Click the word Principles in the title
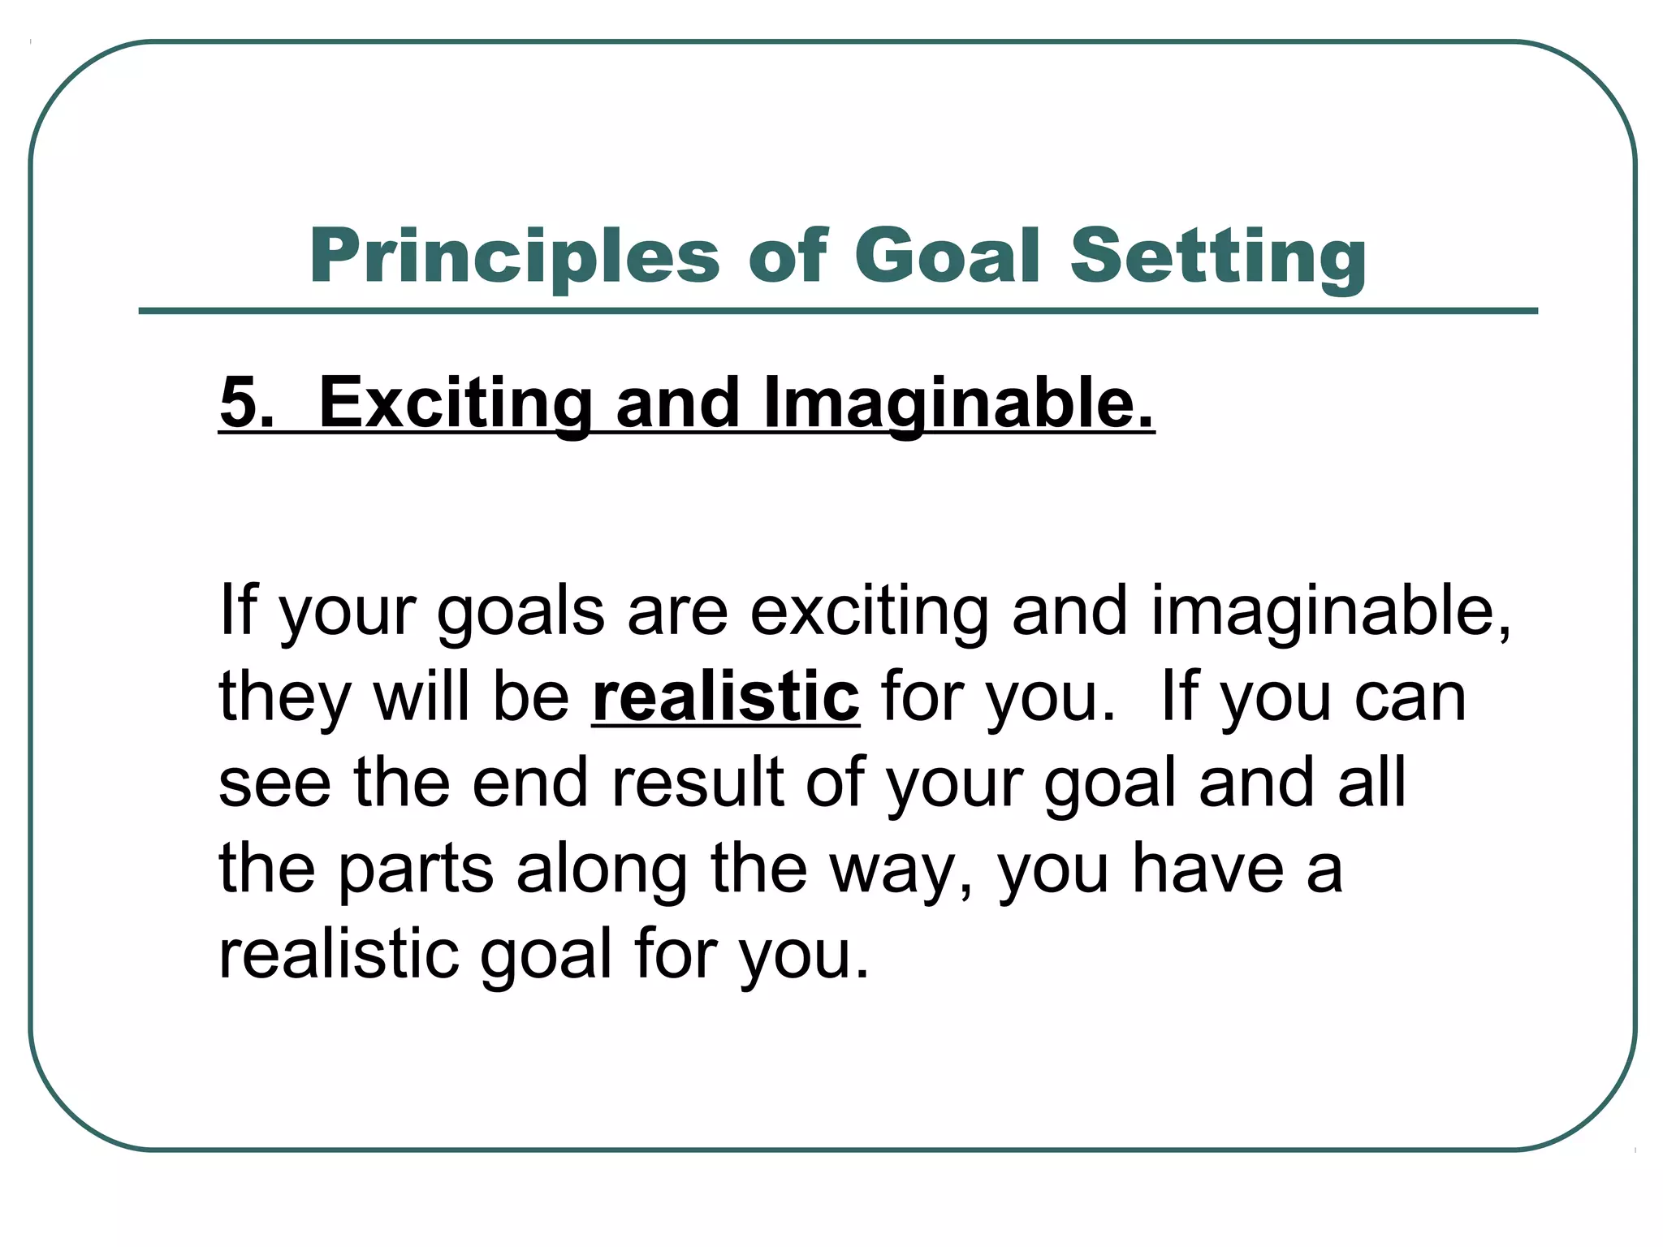pyautogui.click(x=514, y=257)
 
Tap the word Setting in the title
pyautogui.click(x=1218, y=257)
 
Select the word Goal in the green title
pyautogui.click(x=947, y=257)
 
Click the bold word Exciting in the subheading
pyautogui.click(x=456, y=403)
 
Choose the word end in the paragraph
pyautogui.click(x=530, y=783)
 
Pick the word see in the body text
pyautogui.click(x=274, y=784)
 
